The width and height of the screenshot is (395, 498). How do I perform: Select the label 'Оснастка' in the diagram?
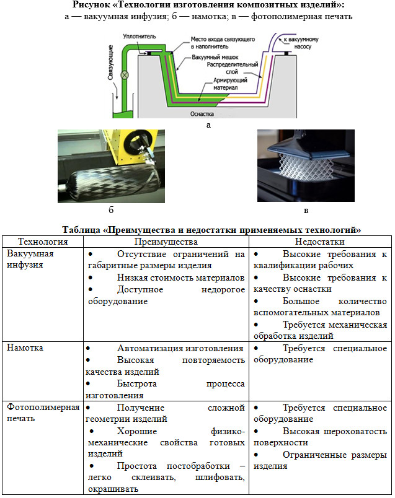(201, 114)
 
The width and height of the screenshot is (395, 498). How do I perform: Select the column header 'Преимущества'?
(166, 242)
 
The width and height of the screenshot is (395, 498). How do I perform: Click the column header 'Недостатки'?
(320, 242)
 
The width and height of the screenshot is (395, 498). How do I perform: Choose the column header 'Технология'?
(43, 242)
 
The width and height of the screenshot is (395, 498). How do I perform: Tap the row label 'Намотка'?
(25, 349)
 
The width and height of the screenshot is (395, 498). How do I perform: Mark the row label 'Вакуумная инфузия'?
(30, 260)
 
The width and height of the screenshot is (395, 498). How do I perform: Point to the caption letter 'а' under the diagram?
(208, 124)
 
